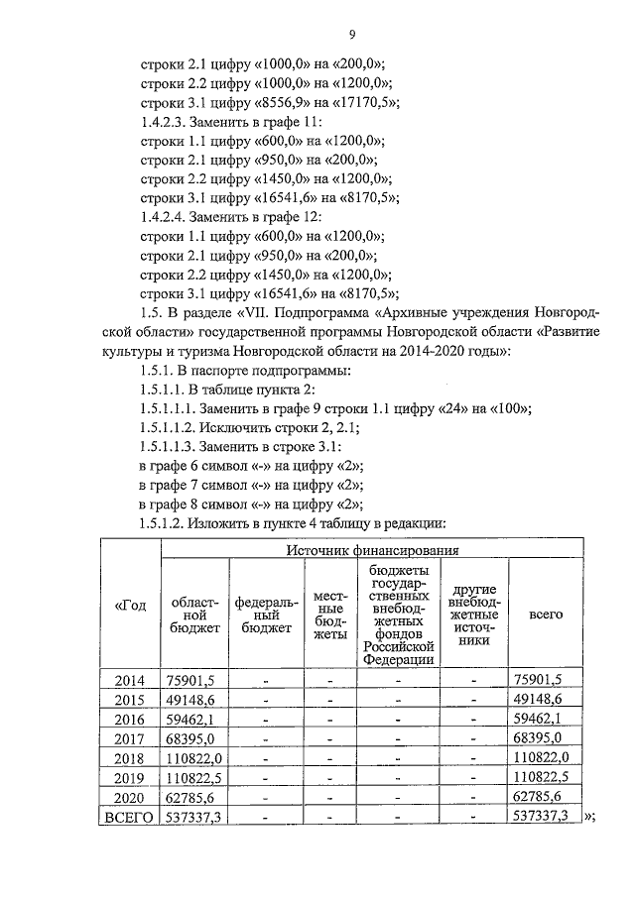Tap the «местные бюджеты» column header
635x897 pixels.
[328, 615]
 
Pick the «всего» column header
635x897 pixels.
[546, 615]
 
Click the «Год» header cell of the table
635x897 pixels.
[131, 607]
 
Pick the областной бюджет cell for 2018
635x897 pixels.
[192, 757]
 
